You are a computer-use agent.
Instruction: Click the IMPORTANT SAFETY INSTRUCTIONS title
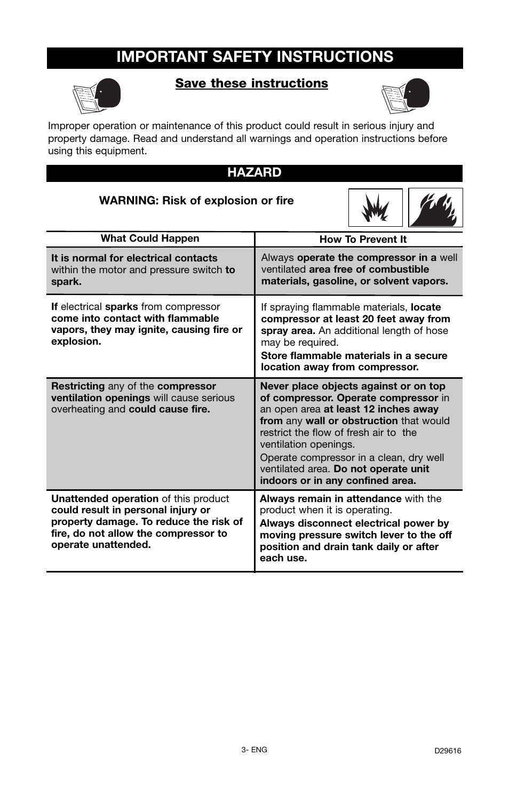point(254,57)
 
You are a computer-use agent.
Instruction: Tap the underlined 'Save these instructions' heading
point(251,83)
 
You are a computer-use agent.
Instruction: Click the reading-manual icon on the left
point(97,96)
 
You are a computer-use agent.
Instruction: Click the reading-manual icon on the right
point(405,96)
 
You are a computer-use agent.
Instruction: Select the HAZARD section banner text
point(254,172)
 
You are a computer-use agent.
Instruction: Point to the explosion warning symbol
point(376,208)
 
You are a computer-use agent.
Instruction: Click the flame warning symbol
point(435,208)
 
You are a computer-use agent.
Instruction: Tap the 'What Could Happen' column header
point(150,239)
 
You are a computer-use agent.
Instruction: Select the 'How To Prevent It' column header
point(363,240)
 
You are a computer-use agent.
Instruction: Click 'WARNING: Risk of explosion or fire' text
point(196,201)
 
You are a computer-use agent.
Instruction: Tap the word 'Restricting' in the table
point(78,386)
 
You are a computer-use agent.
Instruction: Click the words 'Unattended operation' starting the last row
point(105,499)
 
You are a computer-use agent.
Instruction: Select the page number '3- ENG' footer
point(254,750)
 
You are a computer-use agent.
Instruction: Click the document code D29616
point(447,751)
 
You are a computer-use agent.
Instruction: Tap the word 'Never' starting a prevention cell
point(274,386)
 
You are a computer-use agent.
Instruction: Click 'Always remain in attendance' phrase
point(330,499)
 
